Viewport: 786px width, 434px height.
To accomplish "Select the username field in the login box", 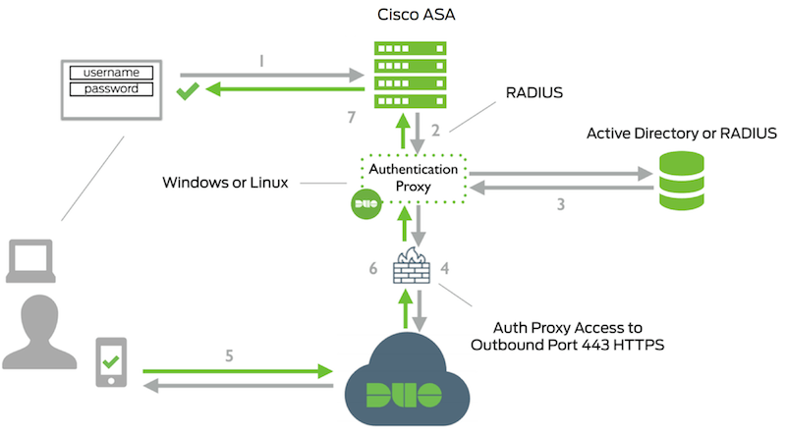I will (118, 73).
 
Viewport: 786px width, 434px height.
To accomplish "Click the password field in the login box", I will (118, 89).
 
